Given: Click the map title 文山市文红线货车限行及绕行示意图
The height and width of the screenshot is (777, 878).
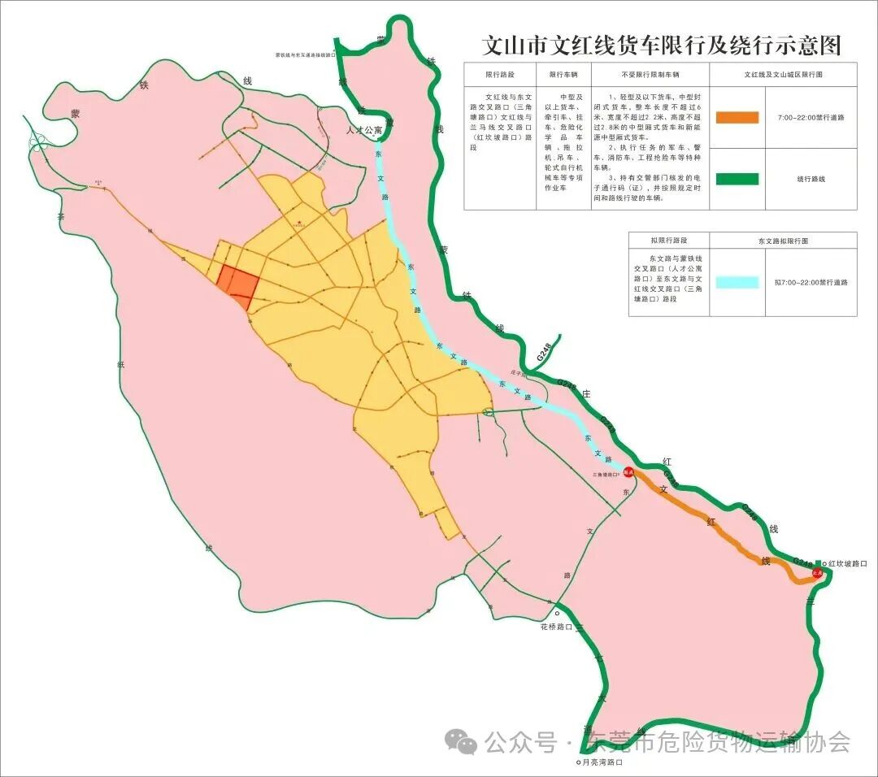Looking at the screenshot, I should (661, 45).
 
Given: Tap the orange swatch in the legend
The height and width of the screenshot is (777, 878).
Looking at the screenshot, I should (737, 118).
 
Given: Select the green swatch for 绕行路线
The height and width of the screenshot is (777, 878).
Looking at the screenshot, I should (737, 179).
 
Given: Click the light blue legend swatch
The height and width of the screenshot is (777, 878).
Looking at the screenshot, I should (737, 283).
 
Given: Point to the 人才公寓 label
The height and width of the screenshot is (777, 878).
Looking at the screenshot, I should (363, 129).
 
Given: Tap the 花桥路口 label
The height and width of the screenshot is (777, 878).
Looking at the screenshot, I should (557, 627).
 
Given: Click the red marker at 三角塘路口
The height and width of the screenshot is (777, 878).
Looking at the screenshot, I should (628, 471).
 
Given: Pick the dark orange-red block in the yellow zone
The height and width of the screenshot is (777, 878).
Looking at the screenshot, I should (238, 284).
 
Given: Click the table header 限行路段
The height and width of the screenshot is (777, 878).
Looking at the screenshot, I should (499, 74).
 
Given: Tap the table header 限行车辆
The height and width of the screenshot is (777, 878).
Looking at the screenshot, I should (563, 74).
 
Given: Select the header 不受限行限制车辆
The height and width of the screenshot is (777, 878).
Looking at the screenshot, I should (648, 74).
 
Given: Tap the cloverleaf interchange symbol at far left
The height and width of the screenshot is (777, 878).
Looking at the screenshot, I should (37, 143).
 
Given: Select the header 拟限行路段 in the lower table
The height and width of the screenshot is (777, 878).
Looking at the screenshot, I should (668, 241).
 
